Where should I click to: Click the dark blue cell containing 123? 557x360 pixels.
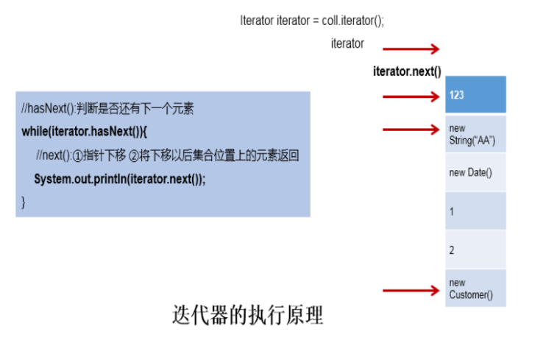coord(475,94)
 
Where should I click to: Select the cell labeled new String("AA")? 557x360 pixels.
coord(475,134)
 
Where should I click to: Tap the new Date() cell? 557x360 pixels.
coord(475,172)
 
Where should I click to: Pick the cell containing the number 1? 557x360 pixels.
coord(475,211)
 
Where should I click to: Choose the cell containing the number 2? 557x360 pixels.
coord(475,250)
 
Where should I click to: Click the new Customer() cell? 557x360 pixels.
coord(475,289)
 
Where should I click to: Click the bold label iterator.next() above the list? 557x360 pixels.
coord(407,71)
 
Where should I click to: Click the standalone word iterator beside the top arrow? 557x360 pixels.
coord(347,43)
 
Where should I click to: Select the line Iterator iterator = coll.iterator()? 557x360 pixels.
coord(312,21)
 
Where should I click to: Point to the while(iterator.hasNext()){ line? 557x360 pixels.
coord(85,132)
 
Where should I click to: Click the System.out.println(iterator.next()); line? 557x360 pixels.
coord(119,180)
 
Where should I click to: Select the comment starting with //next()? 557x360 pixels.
coord(168,155)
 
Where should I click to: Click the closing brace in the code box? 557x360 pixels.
coord(24,202)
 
